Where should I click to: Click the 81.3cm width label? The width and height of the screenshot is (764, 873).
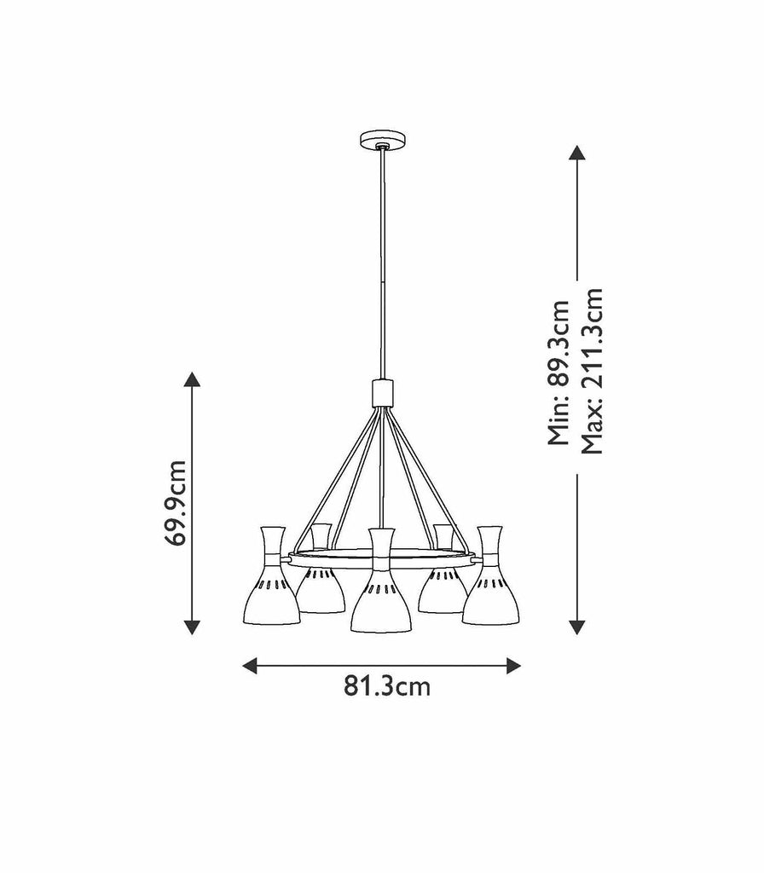coord(386,686)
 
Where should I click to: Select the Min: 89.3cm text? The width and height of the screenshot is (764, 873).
coord(559,373)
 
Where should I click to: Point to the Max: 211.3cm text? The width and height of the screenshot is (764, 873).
coord(592,371)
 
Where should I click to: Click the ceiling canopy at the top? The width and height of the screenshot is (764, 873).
coord(381,139)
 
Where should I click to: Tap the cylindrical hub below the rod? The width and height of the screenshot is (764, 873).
coord(382,393)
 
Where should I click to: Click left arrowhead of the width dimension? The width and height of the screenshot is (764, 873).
coord(251,665)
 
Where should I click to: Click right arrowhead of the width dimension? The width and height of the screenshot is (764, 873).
coord(513,665)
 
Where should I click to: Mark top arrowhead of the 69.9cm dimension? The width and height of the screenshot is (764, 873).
coord(192,379)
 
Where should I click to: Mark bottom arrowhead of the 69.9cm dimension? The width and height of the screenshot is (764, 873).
coord(192,627)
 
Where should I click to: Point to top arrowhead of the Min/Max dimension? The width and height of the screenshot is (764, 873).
coord(577,153)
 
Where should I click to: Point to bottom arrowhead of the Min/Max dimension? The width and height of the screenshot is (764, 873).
coord(577,627)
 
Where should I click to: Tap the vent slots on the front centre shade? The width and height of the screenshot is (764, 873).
coord(381,587)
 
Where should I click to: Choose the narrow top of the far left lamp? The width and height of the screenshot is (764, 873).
coord(272,541)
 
